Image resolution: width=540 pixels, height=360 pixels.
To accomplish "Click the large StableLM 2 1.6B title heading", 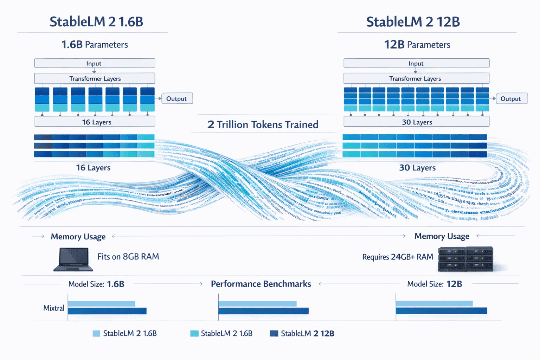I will (x=96, y=22).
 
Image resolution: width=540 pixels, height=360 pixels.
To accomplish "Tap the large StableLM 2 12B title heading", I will (x=413, y=22).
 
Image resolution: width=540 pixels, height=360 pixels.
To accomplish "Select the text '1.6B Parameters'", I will (x=95, y=45).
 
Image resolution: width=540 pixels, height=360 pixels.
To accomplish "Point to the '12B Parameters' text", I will (x=417, y=45).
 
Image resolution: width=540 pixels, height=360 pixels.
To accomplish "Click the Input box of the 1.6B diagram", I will (x=94, y=63).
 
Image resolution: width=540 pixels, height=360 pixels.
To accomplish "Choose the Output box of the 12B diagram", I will (x=511, y=99).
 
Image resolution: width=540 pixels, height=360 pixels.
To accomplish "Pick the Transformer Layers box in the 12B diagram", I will (x=416, y=78).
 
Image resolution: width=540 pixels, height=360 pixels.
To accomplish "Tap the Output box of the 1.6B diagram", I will (x=176, y=99).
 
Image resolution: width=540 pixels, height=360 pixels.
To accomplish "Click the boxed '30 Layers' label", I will (x=416, y=122).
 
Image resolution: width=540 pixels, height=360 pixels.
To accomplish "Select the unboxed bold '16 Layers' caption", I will (x=93, y=168).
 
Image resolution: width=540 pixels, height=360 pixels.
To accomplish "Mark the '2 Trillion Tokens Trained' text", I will (x=263, y=124).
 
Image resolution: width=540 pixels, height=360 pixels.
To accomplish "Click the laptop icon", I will (x=73, y=259).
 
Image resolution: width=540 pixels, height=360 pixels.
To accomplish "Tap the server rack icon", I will (x=465, y=259).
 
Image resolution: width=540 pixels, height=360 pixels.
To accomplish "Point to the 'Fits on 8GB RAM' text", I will (x=128, y=257).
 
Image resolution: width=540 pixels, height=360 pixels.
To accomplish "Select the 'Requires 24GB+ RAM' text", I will (x=398, y=257).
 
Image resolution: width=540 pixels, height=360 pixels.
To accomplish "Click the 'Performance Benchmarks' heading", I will (x=261, y=284).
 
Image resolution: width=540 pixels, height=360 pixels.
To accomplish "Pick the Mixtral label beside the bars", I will (x=54, y=308).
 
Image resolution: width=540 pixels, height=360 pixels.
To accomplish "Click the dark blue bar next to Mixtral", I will (x=107, y=311).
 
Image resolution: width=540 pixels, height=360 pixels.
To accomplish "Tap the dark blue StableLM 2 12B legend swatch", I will (x=274, y=333).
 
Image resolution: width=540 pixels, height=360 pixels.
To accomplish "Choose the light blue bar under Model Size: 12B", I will (x=434, y=303).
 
